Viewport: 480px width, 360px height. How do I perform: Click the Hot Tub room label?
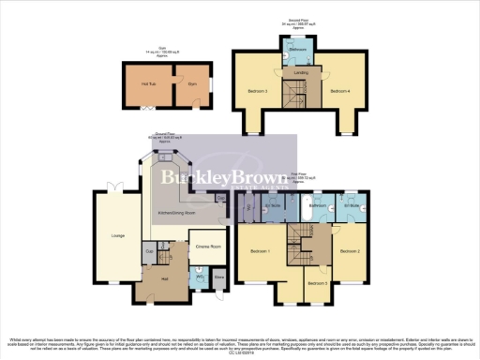tap(148, 84)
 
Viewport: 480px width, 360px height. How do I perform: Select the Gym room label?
tap(190, 84)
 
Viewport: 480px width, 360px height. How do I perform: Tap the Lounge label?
tap(119, 235)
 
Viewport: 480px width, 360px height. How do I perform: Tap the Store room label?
tap(218, 277)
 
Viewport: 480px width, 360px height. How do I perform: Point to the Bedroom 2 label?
tap(349, 252)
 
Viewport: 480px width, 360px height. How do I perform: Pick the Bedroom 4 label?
tap(338, 90)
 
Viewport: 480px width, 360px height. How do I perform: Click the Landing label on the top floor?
tap(302, 71)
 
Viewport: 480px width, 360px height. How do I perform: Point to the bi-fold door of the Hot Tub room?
tap(148, 111)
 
